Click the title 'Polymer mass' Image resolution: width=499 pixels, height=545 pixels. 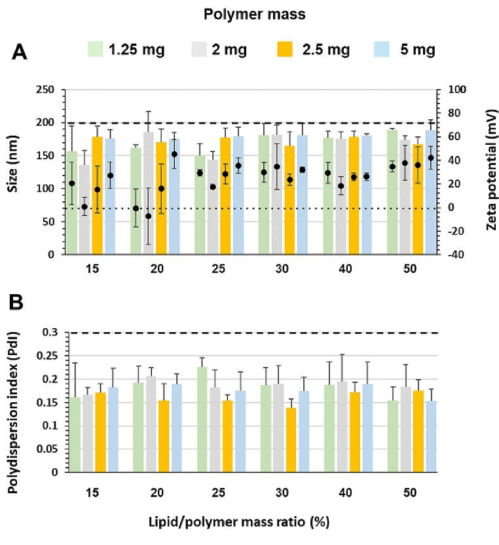(249, 14)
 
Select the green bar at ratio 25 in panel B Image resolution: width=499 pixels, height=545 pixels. (202, 419)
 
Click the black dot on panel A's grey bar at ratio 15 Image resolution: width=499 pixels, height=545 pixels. (84, 207)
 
